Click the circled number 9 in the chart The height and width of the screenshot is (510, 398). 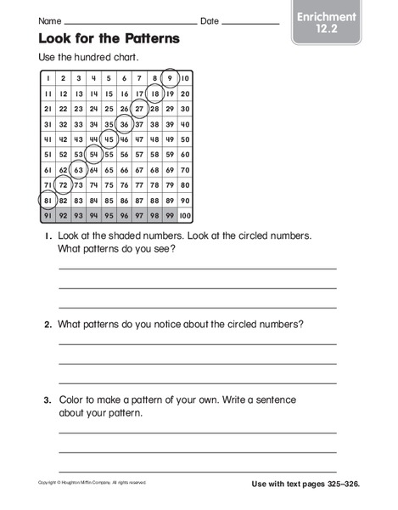[170, 77]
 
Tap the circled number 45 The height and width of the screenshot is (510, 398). [108, 139]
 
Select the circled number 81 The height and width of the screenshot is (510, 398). [47, 200]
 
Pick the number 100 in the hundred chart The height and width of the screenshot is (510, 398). [184, 215]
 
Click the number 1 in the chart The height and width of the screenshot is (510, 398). [48, 77]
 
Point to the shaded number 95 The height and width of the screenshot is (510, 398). [108, 215]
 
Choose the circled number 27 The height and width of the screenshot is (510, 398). [139, 108]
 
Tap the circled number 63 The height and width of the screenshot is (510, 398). [77, 169]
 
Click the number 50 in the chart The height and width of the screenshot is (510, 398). [185, 139]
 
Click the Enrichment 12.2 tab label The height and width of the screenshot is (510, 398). [328, 23]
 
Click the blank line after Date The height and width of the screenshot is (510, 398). [251, 23]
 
